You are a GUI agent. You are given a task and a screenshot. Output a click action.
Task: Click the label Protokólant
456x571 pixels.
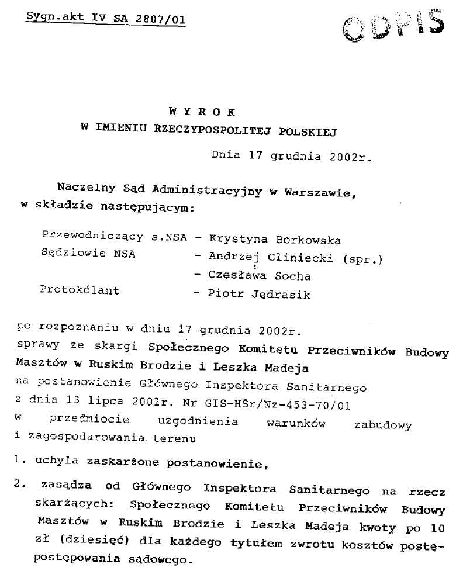pos(80,290)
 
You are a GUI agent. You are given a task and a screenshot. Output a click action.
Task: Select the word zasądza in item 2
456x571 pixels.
pos(65,487)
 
